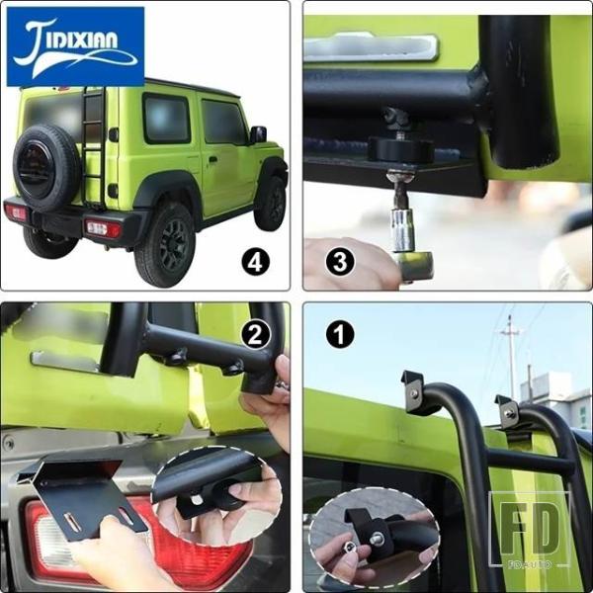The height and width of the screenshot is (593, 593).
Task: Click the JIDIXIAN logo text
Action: (x=75, y=46)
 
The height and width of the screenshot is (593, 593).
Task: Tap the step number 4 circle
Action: (x=255, y=262)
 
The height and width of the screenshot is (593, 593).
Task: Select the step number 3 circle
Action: (x=340, y=262)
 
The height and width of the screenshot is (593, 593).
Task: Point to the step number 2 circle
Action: (x=255, y=334)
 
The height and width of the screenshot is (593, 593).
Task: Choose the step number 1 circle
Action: (x=340, y=334)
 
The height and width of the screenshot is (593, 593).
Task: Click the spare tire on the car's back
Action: (x=46, y=166)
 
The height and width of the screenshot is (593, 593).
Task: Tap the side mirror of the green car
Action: (x=258, y=134)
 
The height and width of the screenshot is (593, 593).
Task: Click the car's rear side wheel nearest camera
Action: (x=166, y=246)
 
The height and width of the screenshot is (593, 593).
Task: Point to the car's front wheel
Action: (x=270, y=204)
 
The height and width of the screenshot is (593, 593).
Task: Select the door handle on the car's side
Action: (x=212, y=159)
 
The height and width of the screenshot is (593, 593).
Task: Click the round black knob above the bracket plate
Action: (x=401, y=149)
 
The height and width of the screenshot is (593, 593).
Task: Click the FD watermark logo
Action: (x=530, y=530)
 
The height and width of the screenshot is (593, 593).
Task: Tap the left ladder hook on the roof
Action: (x=415, y=392)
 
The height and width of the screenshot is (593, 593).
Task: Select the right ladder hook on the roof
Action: (x=508, y=411)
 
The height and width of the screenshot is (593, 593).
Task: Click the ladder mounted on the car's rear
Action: (x=93, y=147)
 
